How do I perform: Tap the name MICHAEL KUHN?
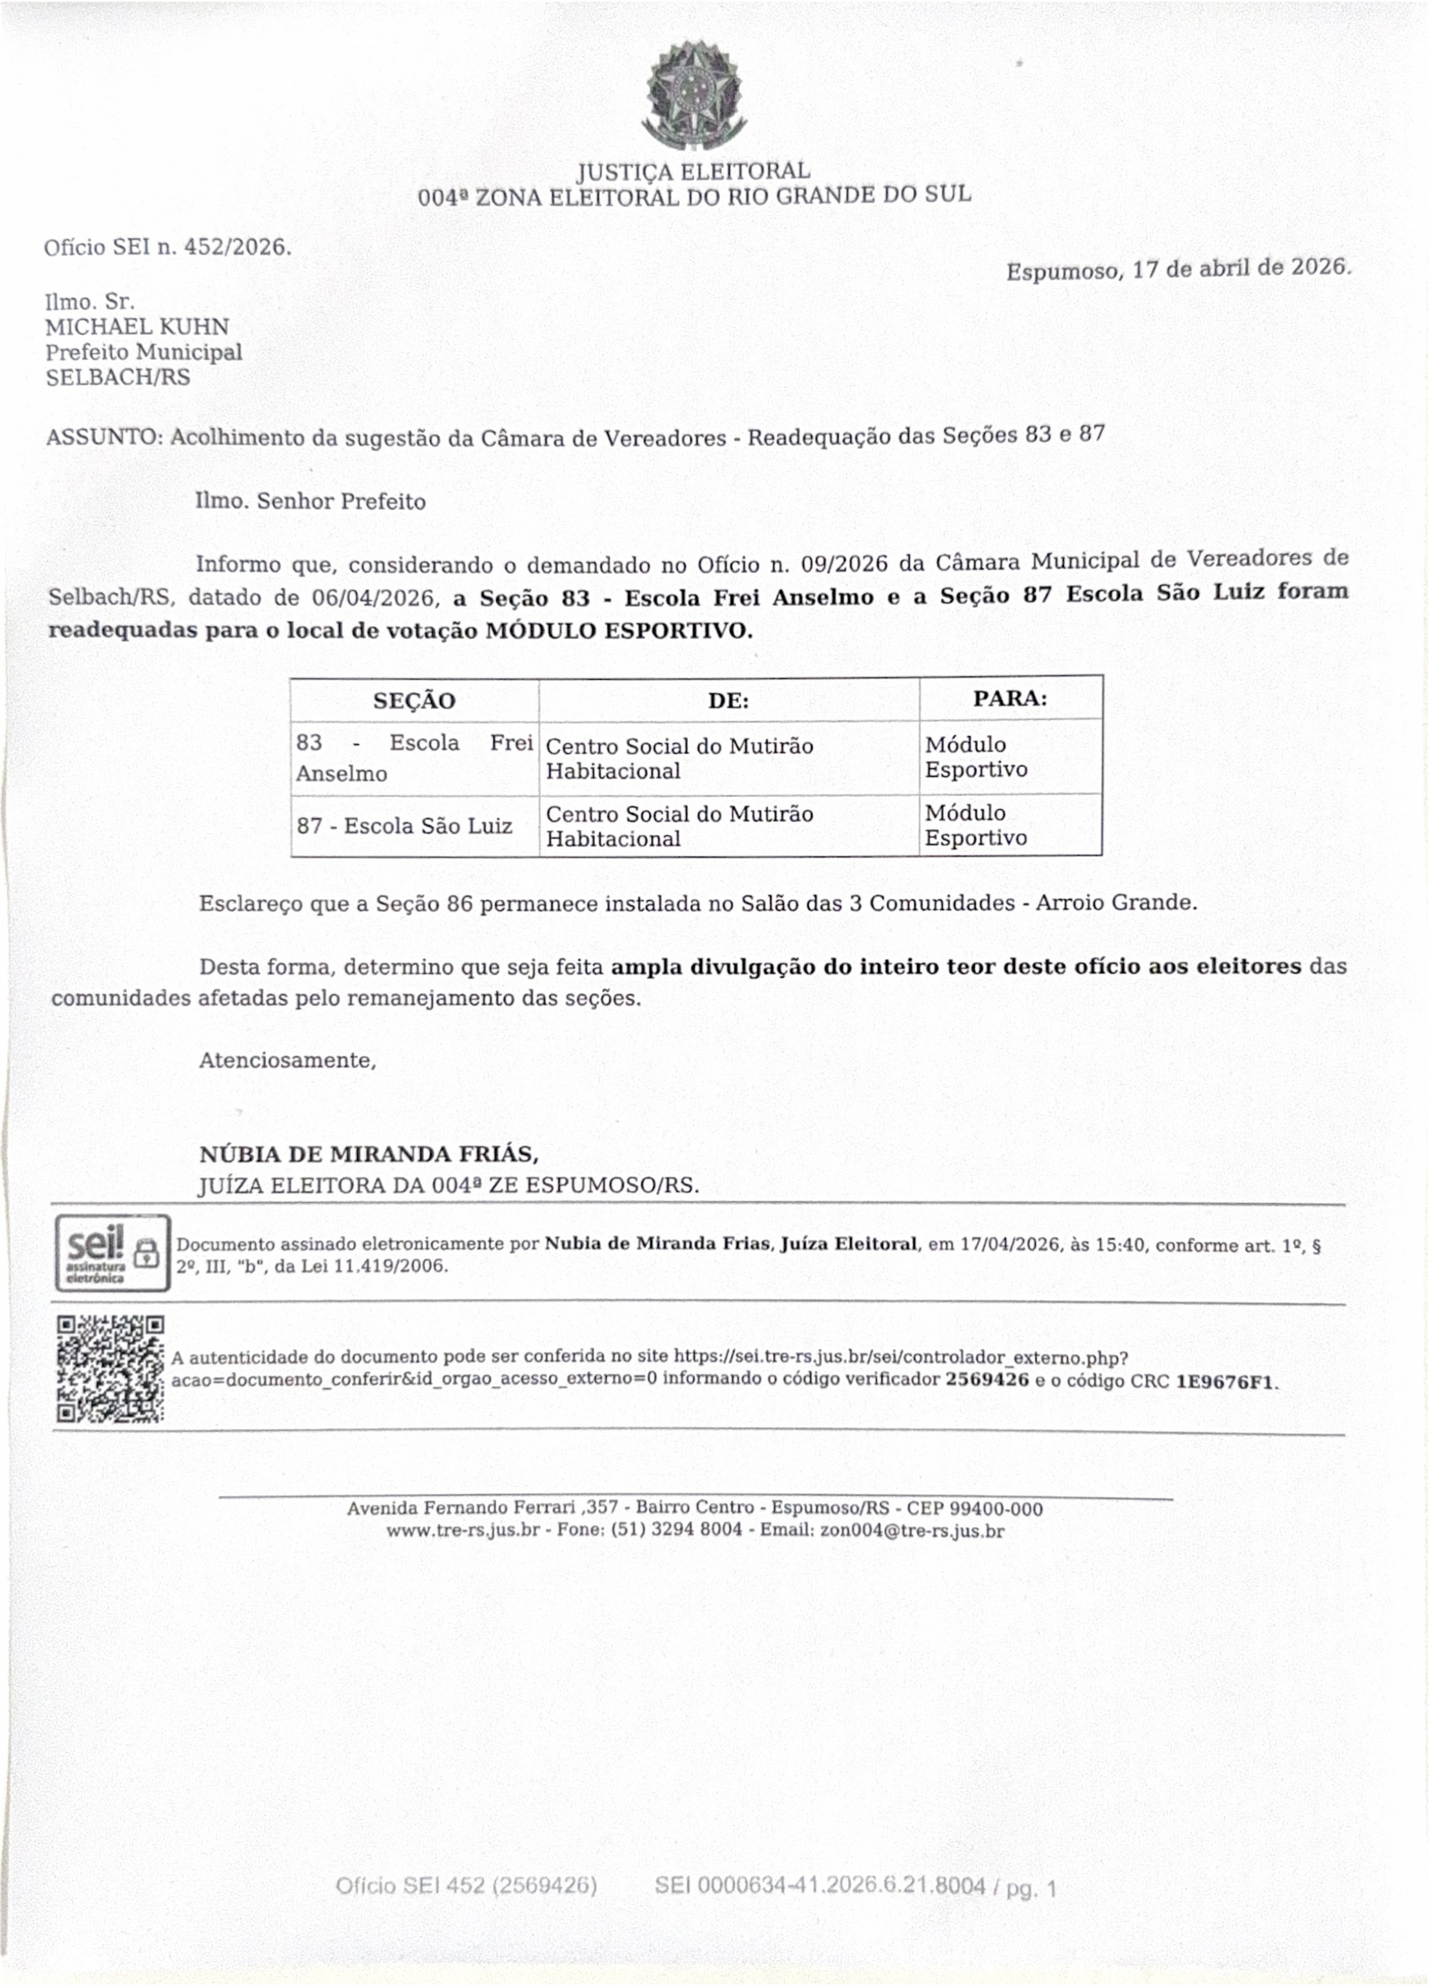point(137,327)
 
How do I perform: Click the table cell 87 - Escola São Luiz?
point(405,826)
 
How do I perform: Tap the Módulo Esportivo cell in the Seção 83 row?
point(975,757)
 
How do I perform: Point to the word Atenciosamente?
point(287,1060)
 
